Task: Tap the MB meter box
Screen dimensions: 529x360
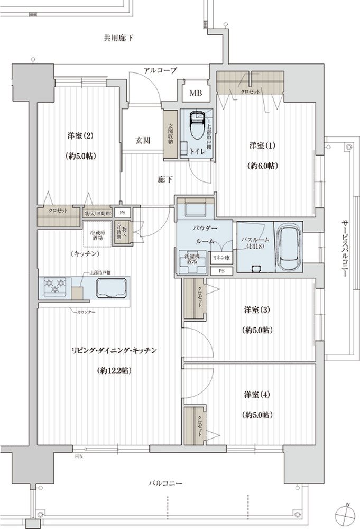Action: [x=196, y=94]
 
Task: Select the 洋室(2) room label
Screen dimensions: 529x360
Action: [x=81, y=135]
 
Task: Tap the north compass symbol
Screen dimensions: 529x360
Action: [x=345, y=514]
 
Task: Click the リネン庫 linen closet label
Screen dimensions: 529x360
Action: [x=221, y=258]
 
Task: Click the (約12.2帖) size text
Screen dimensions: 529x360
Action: [x=114, y=370]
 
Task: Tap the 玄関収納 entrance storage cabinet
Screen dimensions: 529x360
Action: [x=171, y=134]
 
